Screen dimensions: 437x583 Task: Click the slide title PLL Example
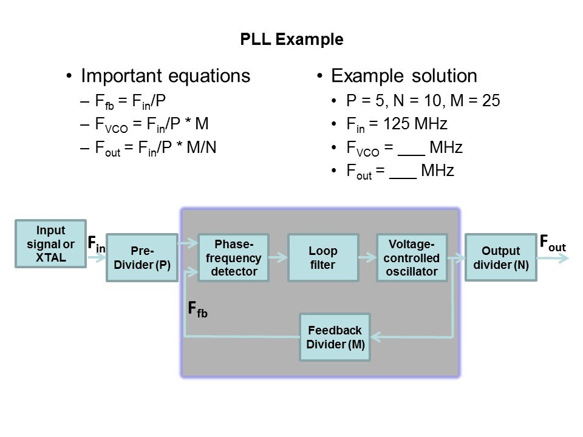[291, 40]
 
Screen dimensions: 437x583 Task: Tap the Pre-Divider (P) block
[142, 258]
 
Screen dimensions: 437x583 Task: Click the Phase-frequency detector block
[234, 258]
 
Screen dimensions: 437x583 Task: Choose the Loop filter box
[323, 258]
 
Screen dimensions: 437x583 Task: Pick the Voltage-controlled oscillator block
[412, 258]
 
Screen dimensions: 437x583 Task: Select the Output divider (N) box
[501, 258]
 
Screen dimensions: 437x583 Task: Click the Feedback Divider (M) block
[335, 337]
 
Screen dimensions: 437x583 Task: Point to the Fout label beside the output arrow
[553, 243]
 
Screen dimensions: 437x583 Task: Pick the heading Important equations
[165, 76]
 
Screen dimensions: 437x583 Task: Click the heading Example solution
[404, 76]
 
